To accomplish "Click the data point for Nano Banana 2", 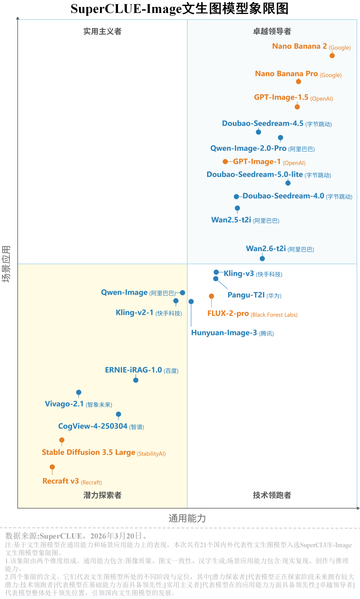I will [332, 56].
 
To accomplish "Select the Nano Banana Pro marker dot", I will [299, 82].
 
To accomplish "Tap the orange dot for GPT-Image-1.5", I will [297, 107].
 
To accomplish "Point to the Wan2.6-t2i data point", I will [262, 258].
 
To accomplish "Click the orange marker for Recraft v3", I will [52, 467].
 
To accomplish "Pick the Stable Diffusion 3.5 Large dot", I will [62, 440].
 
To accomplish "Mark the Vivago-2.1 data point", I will [79, 392].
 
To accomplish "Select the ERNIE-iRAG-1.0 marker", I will [136, 380].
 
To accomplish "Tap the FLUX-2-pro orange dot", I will [211, 296].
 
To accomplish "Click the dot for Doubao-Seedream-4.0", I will [236, 197].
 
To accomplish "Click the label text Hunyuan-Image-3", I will [224, 333].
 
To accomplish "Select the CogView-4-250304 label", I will [93, 426].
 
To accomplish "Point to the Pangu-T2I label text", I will [246, 295].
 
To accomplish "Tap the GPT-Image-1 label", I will [257, 162].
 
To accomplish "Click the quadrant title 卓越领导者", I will [272, 31].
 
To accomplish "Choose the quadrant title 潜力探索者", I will [102, 495].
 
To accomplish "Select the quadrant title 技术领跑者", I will [272, 495].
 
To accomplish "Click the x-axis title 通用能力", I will [187, 518].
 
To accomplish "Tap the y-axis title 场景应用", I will [6, 264].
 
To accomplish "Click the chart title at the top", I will [180, 9].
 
